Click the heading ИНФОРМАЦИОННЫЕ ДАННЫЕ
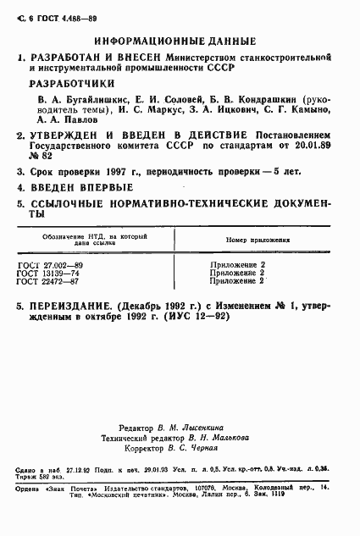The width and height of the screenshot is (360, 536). point(175,41)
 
